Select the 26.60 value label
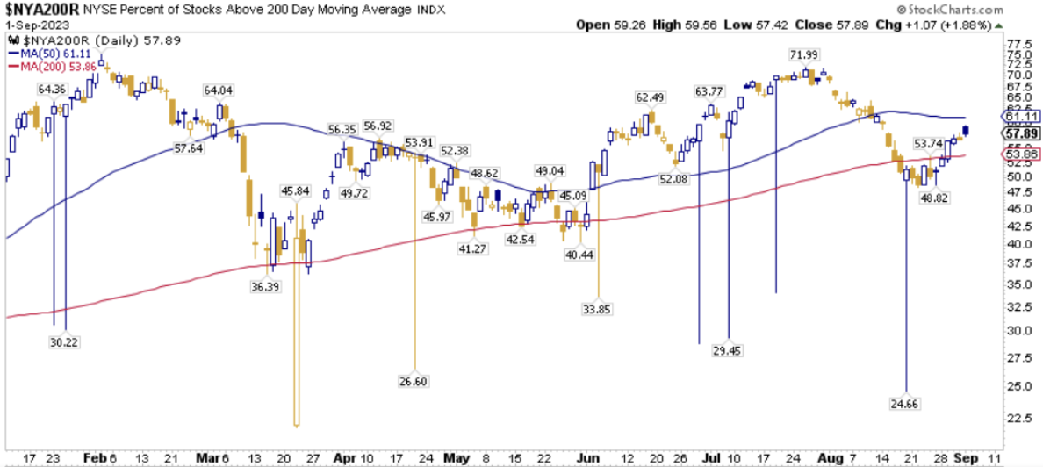pyautogui.click(x=414, y=380)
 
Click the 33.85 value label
pyautogui.click(x=598, y=308)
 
